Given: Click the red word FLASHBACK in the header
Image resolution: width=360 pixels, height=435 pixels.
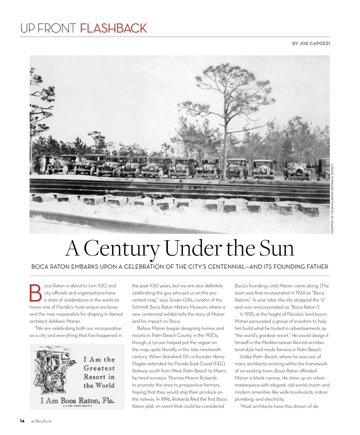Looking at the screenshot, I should click(113, 28).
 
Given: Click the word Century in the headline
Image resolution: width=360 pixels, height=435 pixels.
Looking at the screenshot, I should click(121, 248).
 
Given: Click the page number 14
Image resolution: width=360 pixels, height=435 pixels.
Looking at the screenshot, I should click(22, 421).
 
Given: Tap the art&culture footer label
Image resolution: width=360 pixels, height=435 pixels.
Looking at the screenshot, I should click(41, 421).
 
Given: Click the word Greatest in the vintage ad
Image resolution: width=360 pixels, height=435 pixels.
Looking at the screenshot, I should click(99, 368).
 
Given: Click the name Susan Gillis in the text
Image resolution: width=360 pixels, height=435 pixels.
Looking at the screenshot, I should click(181, 300).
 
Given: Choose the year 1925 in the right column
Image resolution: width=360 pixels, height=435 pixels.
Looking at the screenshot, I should click(251, 314).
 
